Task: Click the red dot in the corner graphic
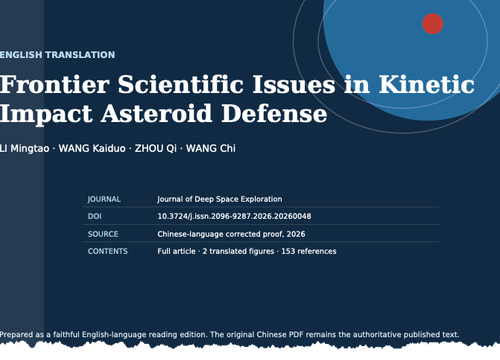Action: [x=432, y=24]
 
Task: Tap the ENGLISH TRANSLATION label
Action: [x=57, y=55]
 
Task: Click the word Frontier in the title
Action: [x=55, y=84]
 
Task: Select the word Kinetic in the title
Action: [x=426, y=84]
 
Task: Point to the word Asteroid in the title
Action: [x=156, y=113]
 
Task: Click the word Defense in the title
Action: [x=274, y=113]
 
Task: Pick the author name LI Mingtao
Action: [x=25, y=148]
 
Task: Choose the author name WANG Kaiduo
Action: [x=92, y=148]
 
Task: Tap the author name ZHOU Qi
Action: [x=156, y=148]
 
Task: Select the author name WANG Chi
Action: [x=211, y=148]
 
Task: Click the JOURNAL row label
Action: [x=104, y=199]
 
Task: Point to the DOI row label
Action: [x=95, y=216]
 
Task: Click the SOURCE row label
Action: [x=103, y=234]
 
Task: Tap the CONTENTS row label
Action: [x=108, y=251]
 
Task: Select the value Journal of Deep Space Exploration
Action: [x=220, y=199]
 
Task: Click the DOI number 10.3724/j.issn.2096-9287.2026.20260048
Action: [x=234, y=216]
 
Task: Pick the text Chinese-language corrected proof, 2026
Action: [x=231, y=234]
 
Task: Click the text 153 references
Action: [x=309, y=251]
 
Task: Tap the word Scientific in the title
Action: [x=181, y=84]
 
